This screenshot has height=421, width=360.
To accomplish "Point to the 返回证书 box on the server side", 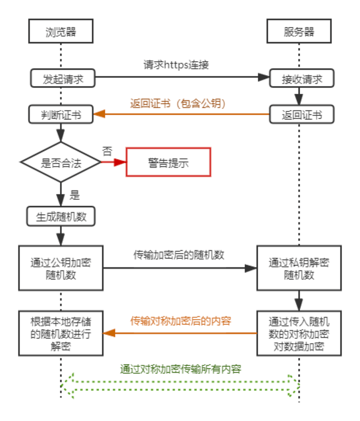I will point(302,115).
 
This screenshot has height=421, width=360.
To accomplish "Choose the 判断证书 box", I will point(61,114).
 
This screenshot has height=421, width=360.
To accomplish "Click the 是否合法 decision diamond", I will point(61,163).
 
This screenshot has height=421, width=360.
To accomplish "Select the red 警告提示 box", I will point(168,162).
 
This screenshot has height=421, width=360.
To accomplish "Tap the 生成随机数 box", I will point(61,216).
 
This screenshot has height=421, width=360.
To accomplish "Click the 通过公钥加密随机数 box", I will point(61,268).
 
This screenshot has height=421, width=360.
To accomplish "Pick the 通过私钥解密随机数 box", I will point(299,268).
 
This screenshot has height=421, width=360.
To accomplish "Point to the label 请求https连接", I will point(176,65).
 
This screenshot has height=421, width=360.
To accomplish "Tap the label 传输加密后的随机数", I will point(179,255).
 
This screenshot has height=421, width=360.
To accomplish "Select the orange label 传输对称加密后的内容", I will point(181,321).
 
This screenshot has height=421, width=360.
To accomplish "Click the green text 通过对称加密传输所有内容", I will point(181,369).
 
